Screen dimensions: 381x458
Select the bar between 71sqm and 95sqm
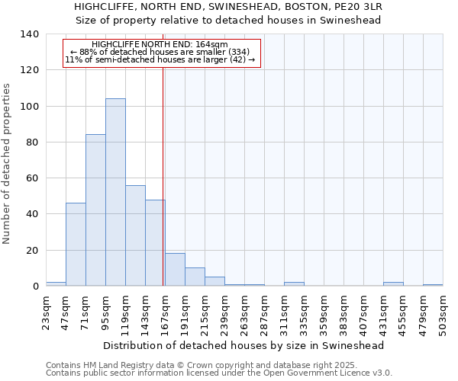point(95,210)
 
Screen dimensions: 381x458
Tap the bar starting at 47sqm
point(76,244)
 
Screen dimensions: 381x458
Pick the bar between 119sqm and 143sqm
point(135,235)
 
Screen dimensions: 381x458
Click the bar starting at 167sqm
point(175,270)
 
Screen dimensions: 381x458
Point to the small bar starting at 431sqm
point(393,284)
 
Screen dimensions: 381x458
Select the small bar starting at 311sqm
point(294,284)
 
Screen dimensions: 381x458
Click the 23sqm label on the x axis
point(47,312)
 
